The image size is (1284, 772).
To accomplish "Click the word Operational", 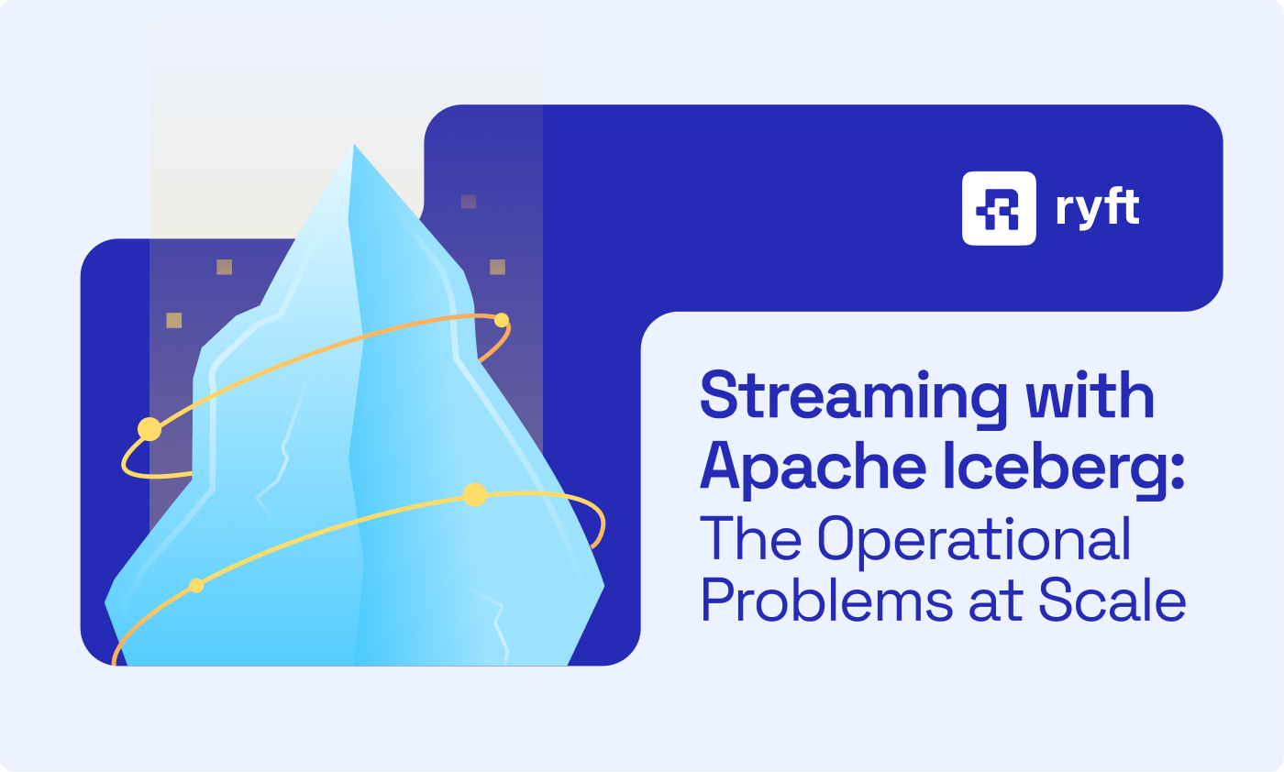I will click(974, 541).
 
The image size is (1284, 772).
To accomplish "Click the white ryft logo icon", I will click(999, 208).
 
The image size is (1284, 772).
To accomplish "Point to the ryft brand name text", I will click(1097, 209).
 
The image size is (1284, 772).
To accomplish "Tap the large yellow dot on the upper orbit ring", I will click(149, 428).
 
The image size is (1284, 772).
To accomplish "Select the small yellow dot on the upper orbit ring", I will click(502, 320).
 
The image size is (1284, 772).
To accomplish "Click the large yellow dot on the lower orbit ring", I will click(474, 495).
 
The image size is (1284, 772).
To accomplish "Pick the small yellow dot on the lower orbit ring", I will click(196, 586).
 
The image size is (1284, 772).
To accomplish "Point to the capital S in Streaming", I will click(720, 396).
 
